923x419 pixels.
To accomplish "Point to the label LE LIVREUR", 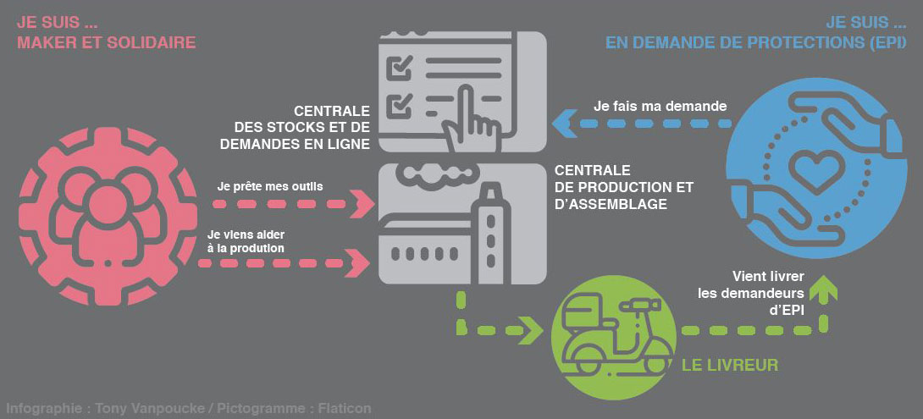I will (x=730, y=366).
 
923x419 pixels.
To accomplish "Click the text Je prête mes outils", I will (x=270, y=186).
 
